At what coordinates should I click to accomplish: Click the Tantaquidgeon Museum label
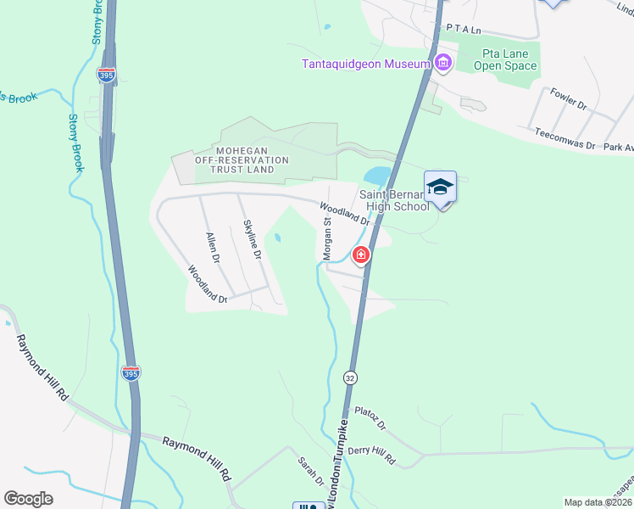pos(367,64)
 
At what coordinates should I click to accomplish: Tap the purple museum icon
pos(442,64)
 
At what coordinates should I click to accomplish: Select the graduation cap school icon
pos(440,187)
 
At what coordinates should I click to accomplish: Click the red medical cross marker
pos(361,255)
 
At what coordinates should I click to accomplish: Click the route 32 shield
pos(349,375)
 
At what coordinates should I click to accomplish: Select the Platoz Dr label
pos(370,417)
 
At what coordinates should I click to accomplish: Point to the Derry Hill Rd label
pos(372,452)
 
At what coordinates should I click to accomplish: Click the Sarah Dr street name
pos(310,472)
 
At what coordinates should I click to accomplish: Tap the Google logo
pos(29,499)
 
